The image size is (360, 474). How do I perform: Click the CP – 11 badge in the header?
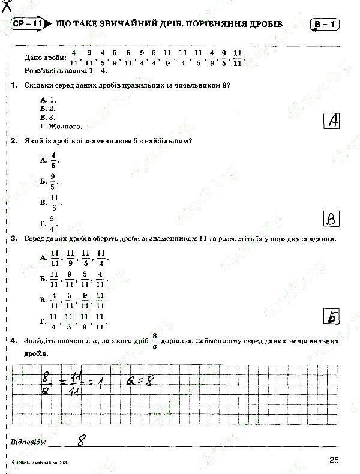28,25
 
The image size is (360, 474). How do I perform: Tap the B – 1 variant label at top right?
325,25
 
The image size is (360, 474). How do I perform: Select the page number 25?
334,460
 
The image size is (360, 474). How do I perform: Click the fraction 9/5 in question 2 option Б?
53,181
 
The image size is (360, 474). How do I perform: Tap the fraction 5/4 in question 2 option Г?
52,224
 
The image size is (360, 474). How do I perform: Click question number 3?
13,239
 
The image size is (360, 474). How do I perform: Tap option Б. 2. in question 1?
47,109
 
